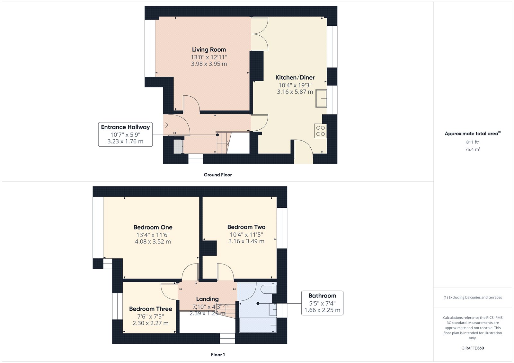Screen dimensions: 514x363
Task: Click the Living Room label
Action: [x=209, y=49]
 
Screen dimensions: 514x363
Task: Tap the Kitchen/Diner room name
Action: [x=295, y=77]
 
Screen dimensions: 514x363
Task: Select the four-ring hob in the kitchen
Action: [x=320, y=131]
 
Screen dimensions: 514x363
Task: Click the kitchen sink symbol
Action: [x=321, y=99]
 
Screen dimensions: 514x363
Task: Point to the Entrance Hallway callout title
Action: [x=125, y=127]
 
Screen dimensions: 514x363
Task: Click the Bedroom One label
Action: [x=153, y=227]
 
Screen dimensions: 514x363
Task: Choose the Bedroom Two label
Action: [x=246, y=227]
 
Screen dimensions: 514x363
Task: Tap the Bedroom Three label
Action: [x=151, y=309]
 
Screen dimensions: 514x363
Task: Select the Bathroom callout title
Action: [x=322, y=296]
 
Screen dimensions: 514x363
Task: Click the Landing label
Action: [x=207, y=299]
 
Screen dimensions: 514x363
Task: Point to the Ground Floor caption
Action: [x=218, y=175]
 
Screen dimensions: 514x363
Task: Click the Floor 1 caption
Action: [x=218, y=355]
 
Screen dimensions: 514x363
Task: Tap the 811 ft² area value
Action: [x=473, y=142]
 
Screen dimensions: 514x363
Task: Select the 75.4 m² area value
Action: [x=473, y=149]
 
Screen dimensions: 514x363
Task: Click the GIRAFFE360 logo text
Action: [x=473, y=348]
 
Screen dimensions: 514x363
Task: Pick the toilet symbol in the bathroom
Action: [x=269, y=289]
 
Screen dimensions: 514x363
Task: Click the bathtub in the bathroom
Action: [x=257, y=325]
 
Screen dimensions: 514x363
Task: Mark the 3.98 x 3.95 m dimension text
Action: [x=209, y=64]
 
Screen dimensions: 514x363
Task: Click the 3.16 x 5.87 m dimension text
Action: [x=295, y=92]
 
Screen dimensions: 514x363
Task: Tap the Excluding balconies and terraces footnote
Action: [x=473, y=298]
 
